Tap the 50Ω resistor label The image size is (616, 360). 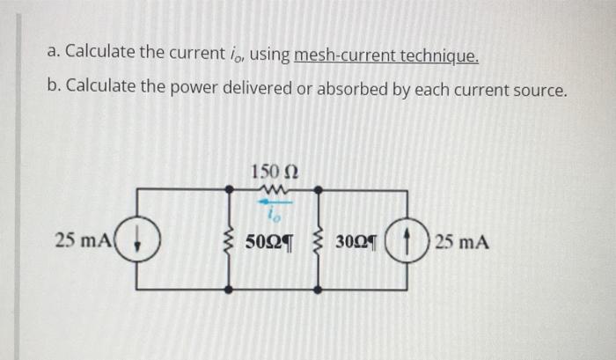click(x=269, y=240)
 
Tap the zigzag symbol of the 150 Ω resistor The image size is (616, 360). click(x=273, y=187)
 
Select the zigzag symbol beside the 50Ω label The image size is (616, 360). click(x=231, y=239)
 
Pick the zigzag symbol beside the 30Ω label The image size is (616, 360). click(x=318, y=239)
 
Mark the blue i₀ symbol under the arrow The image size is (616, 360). click(x=273, y=214)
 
